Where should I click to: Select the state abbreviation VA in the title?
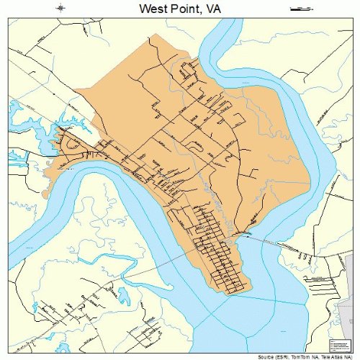(x=214, y=8)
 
